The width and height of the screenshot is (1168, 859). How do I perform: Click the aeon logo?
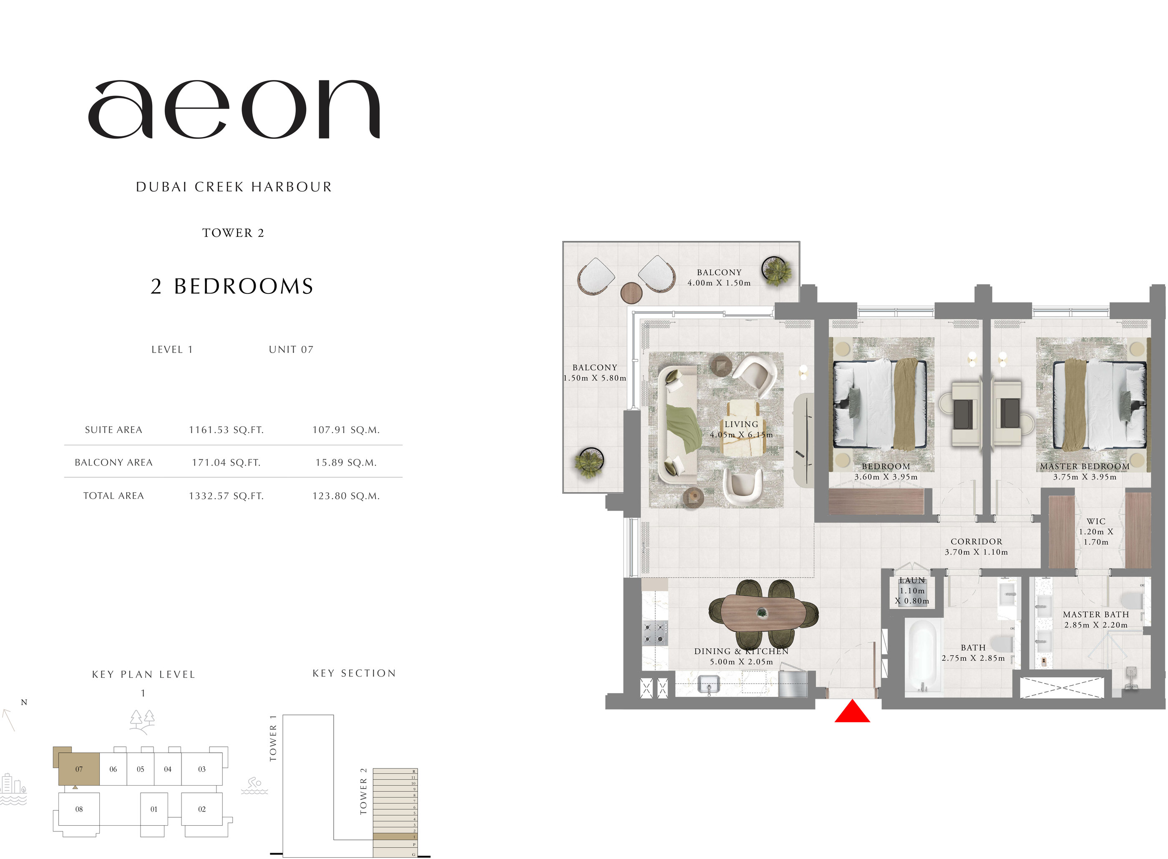[x=234, y=109]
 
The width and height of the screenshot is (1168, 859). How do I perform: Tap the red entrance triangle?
[x=852, y=712]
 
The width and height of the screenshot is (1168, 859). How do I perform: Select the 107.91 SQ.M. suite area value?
[x=346, y=430]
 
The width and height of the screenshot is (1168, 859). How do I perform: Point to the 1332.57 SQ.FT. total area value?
[x=227, y=496]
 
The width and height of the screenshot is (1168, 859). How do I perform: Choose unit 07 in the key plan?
[x=78, y=769]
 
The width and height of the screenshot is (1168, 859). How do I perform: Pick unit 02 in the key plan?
[x=202, y=809]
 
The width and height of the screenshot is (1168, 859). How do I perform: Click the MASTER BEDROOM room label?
[x=1085, y=466]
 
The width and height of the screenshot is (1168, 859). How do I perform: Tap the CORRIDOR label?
[x=977, y=541]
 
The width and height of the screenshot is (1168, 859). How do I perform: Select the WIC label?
[x=1096, y=521]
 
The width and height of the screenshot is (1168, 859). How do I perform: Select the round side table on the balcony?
[x=632, y=293]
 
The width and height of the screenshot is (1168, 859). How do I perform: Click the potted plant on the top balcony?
[x=776, y=270]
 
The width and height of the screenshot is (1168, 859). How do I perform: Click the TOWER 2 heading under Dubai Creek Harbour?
[x=233, y=233]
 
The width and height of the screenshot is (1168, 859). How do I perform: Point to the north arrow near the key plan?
[x=9, y=720]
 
